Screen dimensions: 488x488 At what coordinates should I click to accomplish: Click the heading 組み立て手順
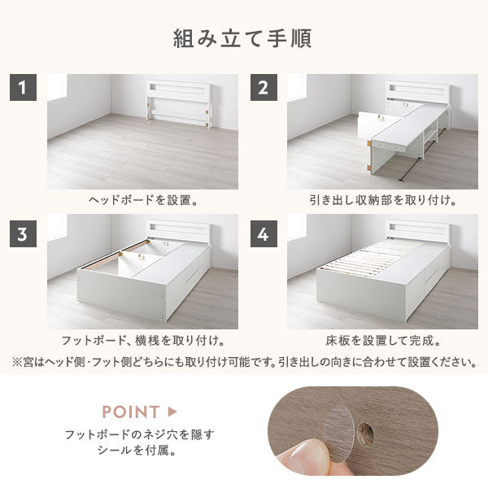pyautogui.click(x=242, y=38)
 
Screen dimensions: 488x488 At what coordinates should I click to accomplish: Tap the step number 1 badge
pyautogui.click(x=23, y=88)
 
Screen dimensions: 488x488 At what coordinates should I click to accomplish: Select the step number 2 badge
pyautogui.click(x=264, y=88)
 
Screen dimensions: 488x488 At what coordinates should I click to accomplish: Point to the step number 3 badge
pyautogui.click(x=23, y=233)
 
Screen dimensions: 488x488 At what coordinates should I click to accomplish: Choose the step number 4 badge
pyautogui.click(x=264, y=233)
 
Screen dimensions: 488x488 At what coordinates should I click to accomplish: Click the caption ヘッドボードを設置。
pyautogui.click(x=143, y=200)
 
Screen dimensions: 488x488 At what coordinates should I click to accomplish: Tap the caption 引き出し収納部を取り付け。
pyautogui.click(x=382, y=200)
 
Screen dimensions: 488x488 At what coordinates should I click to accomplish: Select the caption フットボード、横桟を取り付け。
pyautogui.click(x=143, y=341)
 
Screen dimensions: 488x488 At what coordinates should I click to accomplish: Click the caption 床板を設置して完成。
pyautogui.click(x=383, y=341)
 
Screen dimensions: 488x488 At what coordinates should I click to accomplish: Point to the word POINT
pyautogui.click(x=131, y=412)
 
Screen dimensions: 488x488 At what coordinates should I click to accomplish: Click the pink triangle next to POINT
pyautogui.click(x=172, y=412)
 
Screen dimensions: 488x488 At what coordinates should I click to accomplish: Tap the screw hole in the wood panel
pyautogui.click(x=365, y=432)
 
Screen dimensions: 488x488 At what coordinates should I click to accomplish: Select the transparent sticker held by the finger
pyautogui.click(x=338, y=434)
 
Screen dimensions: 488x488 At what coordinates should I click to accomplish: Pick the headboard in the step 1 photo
pyautogui.click(x=179, y=104)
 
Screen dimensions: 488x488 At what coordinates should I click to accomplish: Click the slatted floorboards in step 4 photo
pyautogui.click(x=370, y=256)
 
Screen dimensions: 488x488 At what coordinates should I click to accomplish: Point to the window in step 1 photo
pyautogui.click(x=57, y=88)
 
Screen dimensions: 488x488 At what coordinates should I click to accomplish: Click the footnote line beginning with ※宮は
pyautogui.click(x=244, y=362)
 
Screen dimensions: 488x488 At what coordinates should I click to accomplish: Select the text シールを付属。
pyautogui.click(x=137, y=451)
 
